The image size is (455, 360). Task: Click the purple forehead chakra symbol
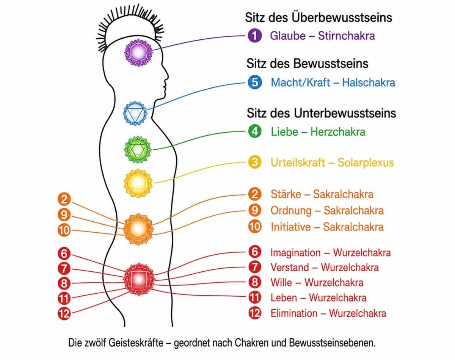[x=138, y=52]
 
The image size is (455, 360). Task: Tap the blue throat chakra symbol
[x=135, y=114]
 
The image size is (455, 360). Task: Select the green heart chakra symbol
[x=138, y=149]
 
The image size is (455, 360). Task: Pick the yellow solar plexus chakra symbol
[x=138, y=183]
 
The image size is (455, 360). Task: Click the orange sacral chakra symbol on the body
[x=138, y=229]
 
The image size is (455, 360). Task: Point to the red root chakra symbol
[x=139, y=279]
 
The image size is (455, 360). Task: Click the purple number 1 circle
[x=255, y=36]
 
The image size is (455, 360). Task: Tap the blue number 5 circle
[x=255, y=82]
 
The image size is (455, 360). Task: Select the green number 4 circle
[x=255, y=131]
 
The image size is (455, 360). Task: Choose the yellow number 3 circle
[x=255, y=162]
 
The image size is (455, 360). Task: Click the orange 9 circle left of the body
[x=64, y=215]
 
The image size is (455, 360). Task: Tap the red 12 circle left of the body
[x=64, y=313]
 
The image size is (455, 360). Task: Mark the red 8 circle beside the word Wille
[x=255, y=282]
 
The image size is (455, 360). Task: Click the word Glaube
[x=288, y=36]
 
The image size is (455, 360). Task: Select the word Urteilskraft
[x=298, y=162]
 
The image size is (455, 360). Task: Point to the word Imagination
[x=296, y=253]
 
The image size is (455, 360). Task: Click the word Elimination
[x=294, y=313]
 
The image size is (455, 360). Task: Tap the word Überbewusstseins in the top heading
[x=342, y=17]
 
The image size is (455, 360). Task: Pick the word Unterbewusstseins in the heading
[x=345, y=113]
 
